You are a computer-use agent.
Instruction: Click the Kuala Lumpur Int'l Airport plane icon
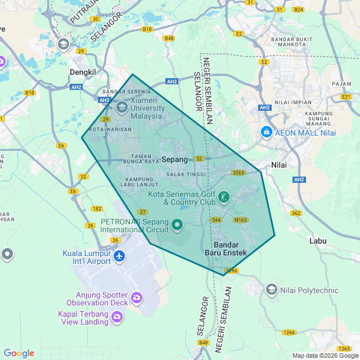(119, 256)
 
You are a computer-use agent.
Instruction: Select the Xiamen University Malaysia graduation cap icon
(122, 106)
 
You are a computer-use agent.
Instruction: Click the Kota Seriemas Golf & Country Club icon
(224, 197)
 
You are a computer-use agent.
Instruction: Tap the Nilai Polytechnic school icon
(272, 290)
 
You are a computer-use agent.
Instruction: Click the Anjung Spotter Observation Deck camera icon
(136, 297)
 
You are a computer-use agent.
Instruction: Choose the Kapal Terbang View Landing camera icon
(116, 317)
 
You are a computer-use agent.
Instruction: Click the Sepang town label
(174, 160)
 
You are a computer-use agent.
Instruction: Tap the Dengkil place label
(83, 72)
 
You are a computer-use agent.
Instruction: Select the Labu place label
(318, 241)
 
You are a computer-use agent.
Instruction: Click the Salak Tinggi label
(186, 175)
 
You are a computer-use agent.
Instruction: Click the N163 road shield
(241, 220)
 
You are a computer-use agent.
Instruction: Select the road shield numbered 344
(216, 220)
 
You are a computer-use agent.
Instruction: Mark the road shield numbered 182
(97, 209)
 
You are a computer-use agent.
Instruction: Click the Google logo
(19, 353)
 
